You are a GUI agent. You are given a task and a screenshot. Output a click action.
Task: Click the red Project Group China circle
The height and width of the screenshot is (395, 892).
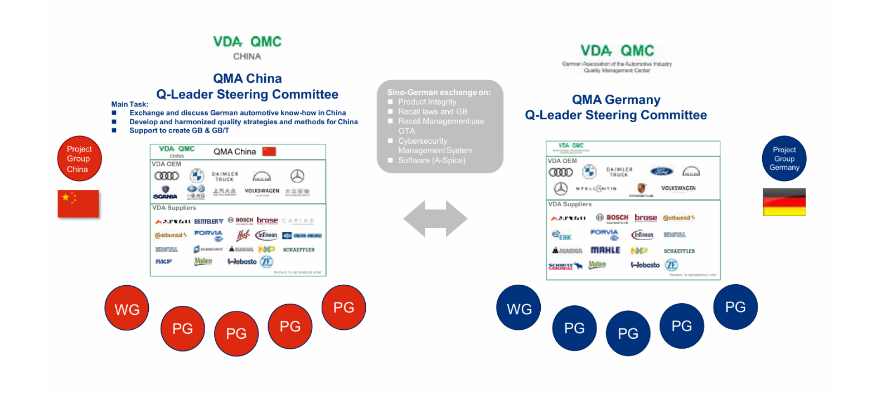click(x=79, y=158)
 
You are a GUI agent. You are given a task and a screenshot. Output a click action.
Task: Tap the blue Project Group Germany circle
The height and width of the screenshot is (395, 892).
click(x=784, y=158)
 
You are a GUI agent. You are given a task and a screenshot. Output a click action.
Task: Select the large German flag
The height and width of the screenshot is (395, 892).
click(x=784, y=202)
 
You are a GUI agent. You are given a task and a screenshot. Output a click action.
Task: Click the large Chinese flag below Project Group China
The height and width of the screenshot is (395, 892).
click(x=78, y=203)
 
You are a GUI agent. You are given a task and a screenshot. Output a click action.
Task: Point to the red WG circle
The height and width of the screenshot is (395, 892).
click(x=127, y=308)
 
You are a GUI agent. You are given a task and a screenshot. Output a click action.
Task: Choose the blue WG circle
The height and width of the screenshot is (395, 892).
click(x=518, y=308)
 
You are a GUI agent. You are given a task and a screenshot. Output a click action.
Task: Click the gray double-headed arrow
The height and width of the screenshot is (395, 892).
click(x=435, y=218)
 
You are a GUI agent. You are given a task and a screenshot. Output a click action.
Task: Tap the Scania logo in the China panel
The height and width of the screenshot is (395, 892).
click(x=165, y=192)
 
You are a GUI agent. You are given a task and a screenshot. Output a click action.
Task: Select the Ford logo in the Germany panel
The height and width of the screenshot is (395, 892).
click(x=662, y=172)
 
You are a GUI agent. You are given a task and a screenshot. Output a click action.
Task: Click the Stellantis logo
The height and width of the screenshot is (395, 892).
click(x=597, y=189)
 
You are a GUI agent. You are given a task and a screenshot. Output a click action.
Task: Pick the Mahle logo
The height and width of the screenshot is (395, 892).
click(x=605, y=251)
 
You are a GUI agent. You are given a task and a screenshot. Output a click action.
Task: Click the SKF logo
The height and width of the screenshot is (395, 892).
click(x=164, y=261)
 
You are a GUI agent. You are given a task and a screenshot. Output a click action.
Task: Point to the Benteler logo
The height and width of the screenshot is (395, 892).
click(x=209, y=221)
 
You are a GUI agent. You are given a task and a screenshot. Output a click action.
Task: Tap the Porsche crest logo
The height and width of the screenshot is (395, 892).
click(x=641, y=189)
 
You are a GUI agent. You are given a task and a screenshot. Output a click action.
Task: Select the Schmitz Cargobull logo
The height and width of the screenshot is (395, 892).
click(x=565, y=266)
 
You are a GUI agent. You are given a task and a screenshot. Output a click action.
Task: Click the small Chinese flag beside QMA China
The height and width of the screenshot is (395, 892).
click(x=269, y=152)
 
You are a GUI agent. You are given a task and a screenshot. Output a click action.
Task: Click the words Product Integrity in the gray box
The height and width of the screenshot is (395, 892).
click(x=427, y=102)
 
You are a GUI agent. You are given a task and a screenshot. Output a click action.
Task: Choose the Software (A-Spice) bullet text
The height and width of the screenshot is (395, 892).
click(x=432, y=160)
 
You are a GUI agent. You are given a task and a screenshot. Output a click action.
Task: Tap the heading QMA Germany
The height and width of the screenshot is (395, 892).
click(x=616, y=100)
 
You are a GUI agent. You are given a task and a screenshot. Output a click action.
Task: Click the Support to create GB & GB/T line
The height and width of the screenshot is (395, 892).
click(x=179, y=130)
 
